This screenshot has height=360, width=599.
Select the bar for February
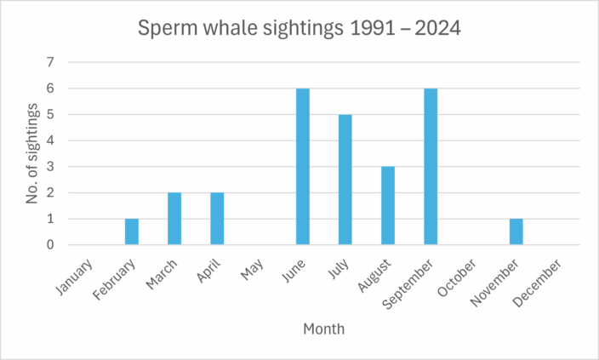point(132,231)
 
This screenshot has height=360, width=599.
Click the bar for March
point(174,219)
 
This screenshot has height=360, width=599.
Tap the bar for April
point(217,219)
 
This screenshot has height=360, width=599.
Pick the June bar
point(302,167)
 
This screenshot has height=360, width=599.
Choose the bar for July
point(345,180)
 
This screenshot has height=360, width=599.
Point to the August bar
point(388,206)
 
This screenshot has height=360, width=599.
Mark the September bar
point(431,167)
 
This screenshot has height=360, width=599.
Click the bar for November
point(516,231)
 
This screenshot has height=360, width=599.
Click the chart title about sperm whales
point(299,29)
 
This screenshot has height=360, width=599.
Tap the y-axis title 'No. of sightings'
point(31,153)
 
